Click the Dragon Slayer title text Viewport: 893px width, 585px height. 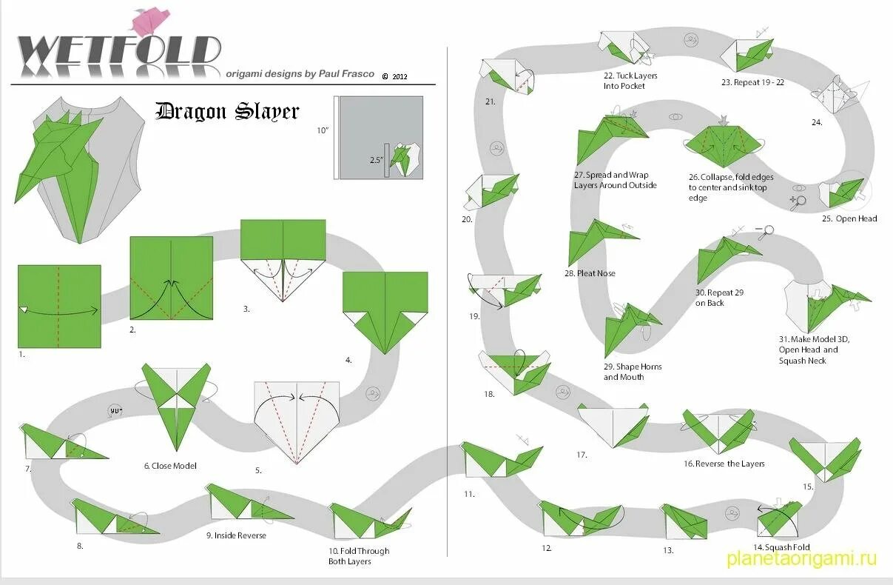pyautogui.click(x=227, y=112)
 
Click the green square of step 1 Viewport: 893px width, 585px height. pyautogui.click(x=59, y=306)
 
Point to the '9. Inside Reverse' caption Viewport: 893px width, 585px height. pyautogui.click(x=237, y=535)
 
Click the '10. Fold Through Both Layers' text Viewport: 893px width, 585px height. pyautogui.click(x=359, y=556)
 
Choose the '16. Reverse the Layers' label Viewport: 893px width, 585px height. pyautogui.click(x=724, y=464)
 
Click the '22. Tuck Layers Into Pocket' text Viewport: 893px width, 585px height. pyautogui.click(x=630, y=81)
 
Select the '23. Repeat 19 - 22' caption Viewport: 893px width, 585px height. pyautogui.click(x=752, y=82)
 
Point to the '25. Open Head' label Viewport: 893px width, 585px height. pyautogui.click(x=849, y=218)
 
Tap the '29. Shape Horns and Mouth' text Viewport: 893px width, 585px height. pyautogui.click(x=633, y=372)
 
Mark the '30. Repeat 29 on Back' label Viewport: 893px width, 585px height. pyautogui.click(x=719, y=298)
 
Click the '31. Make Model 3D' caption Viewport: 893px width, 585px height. pyautogui.click(x=814, y=350)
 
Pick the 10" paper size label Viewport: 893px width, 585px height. pyautogui.click(x=323, y=130)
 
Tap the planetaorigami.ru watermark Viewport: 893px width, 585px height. pyautogui.click(x=801, y=558)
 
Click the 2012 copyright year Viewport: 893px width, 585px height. pyautogui.click(x=400, y=76)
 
